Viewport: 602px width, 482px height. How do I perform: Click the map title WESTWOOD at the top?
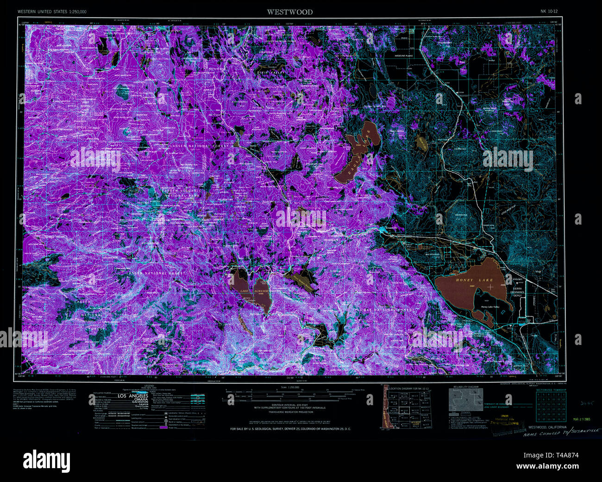pyautogui.click(x=289, y=12)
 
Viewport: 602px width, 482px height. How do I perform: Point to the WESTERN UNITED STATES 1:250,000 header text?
pyautogui.click(x=52, y=11)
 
